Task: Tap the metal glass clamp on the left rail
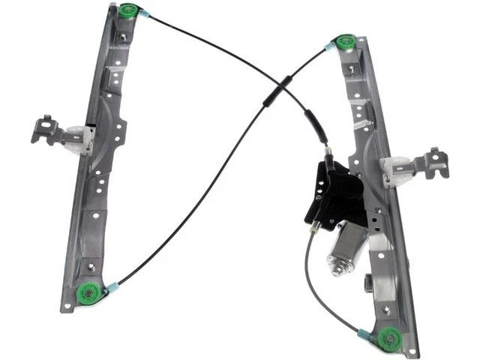(49, 130)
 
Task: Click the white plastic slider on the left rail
(80, 139)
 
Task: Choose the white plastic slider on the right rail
(398, 170)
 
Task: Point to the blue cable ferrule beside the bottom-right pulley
(364, 332)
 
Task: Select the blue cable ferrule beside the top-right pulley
(328, 48)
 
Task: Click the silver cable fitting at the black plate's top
(328, 154)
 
